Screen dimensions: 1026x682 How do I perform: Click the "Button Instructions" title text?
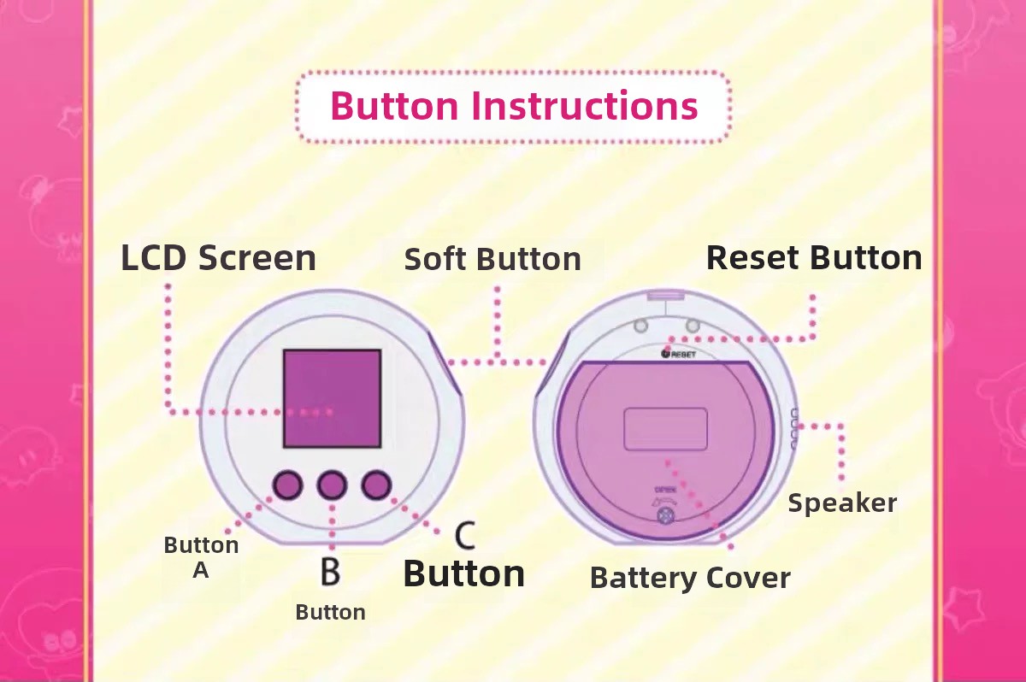514,106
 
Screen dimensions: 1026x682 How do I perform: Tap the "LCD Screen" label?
219,258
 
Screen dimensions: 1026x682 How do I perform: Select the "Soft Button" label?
492,259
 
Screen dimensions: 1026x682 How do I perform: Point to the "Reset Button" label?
814,258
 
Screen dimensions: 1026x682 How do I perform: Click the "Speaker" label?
842,503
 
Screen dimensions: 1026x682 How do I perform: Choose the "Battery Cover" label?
690,578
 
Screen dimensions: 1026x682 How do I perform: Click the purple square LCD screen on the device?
332,398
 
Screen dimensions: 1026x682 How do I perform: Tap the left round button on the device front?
287,485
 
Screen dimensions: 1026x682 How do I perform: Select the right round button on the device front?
376,485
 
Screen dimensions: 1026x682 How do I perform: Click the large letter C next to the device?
465,535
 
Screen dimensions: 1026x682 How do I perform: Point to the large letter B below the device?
330,571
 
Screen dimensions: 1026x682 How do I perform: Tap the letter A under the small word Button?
201,570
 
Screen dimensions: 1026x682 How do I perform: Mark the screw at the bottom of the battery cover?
665,516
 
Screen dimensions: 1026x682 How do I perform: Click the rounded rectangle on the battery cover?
665,429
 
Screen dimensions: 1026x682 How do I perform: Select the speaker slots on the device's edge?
793,429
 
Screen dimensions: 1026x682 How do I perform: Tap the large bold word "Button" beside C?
464,574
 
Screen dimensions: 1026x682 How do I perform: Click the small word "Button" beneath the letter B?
330,613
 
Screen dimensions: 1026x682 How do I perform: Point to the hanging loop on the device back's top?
665,297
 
